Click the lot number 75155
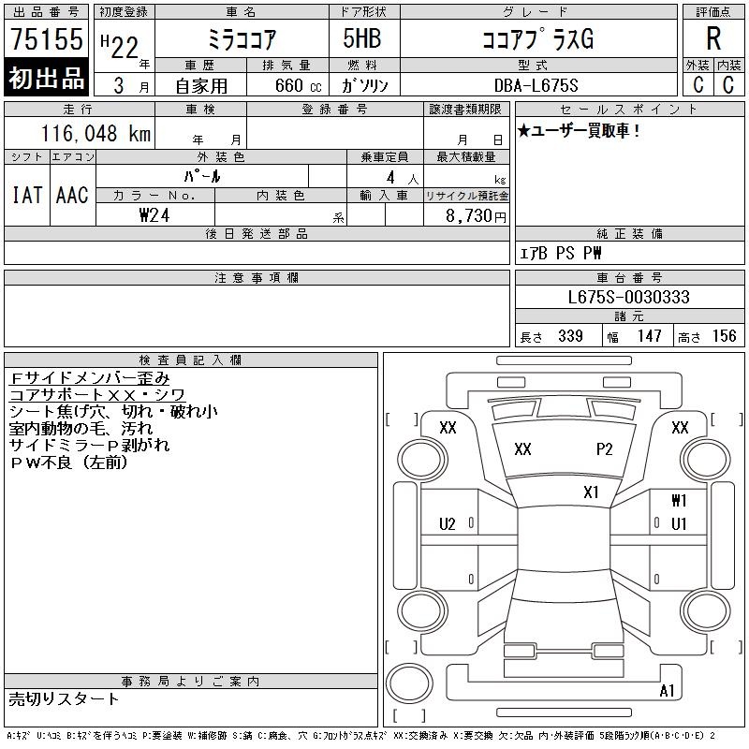tap(46, 38)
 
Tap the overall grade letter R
tap(713, 38)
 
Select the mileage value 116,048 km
tap(96, 133)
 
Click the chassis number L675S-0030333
tap(628, 297)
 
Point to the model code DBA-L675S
tap(536, 85)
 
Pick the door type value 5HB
tap(362, 38)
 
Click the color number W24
tap(154, 215)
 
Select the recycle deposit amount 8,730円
tap(476, 216)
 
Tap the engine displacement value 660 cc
tap(299, 85)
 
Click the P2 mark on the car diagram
tap(604, 449)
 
